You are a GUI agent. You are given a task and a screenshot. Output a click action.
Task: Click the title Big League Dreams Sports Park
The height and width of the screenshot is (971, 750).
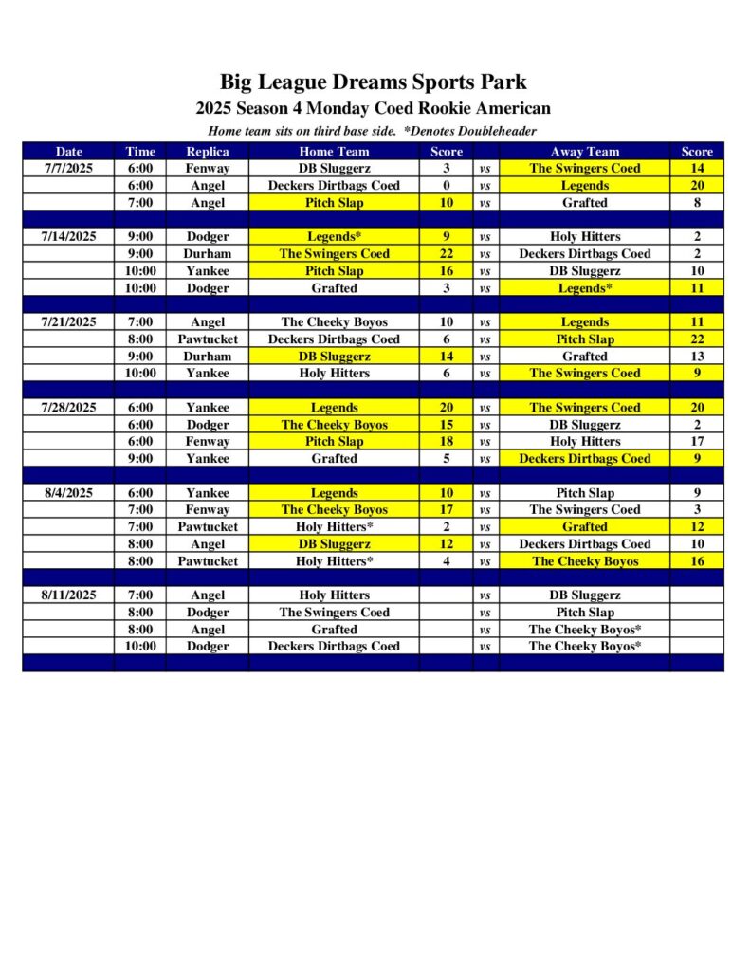pos(374,82)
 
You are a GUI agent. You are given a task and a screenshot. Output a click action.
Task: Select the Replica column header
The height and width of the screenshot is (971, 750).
pos(207,151)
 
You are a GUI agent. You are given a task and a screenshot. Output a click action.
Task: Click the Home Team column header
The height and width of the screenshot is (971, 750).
pos(334,151)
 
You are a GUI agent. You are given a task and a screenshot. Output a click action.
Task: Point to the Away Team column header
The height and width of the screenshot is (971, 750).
pos(584,151)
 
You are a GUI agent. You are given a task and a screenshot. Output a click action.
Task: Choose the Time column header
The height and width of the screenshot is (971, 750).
pos(139,151)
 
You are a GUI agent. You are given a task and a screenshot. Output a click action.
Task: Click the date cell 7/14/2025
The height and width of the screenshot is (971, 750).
pos(68,236)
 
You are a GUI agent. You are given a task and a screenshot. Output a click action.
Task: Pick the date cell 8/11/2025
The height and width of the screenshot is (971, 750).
pos(68,595)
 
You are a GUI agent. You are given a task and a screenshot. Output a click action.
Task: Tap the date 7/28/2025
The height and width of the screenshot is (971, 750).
pos(68,407)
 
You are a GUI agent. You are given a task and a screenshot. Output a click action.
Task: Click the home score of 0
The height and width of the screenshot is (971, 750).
pos(446,185)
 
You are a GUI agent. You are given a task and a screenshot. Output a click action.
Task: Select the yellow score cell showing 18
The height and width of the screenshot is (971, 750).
pos(446,441)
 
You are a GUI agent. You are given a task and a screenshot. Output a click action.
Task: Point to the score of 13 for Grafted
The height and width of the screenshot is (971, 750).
pos(696,356)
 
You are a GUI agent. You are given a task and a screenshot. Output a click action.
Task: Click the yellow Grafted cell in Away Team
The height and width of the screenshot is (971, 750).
pos(584,526)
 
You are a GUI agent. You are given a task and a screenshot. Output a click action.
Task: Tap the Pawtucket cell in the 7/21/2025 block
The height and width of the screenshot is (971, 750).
pos(207,339)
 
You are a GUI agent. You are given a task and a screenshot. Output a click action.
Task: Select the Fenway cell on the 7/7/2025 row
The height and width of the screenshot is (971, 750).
pos(207,168)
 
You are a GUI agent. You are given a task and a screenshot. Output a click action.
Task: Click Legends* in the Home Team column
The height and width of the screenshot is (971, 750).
pos(334,236)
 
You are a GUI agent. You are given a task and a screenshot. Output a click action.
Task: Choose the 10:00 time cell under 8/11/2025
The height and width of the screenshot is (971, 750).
pos(139,646)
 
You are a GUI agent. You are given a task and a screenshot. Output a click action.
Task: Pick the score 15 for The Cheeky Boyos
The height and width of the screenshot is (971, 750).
pos(446,424)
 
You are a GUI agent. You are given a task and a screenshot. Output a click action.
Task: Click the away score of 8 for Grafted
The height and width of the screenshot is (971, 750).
pos(696,202)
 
